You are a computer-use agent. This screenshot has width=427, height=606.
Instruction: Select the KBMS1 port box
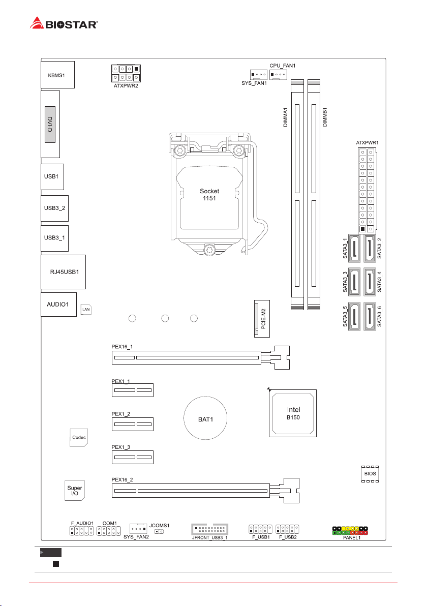coord(57,75)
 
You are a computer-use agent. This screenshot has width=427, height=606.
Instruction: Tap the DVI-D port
coord(50,125)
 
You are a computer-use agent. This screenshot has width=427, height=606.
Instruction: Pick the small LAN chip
coord(86,310)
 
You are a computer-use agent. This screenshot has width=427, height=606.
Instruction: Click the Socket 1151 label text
coord(209,195)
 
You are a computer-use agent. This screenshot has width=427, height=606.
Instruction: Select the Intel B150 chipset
coord(293,412)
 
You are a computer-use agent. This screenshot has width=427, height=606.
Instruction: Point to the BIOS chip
coord(369,473)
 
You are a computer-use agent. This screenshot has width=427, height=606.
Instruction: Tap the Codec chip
coord(78,437)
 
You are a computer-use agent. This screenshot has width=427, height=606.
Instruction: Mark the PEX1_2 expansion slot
coord(132,423)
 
